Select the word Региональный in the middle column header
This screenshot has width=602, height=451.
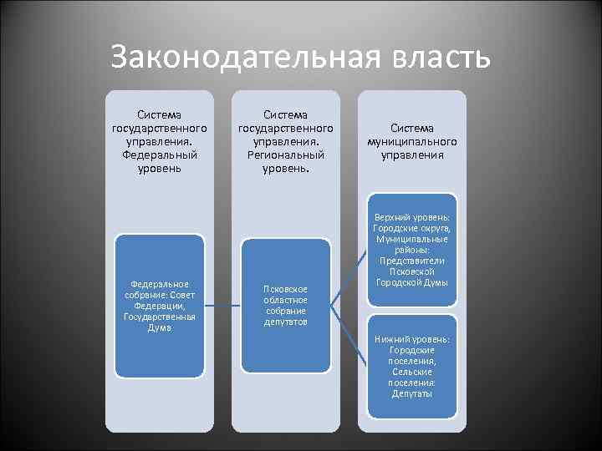click(286, 155)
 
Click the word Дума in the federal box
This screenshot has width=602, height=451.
click(159, 328)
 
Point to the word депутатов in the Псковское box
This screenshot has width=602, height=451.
click(286, 322)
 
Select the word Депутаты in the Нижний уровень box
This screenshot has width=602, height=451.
click(412, 393)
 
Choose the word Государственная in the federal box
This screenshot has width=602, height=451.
click(159, 317)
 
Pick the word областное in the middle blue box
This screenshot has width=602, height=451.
click(286, 300)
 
